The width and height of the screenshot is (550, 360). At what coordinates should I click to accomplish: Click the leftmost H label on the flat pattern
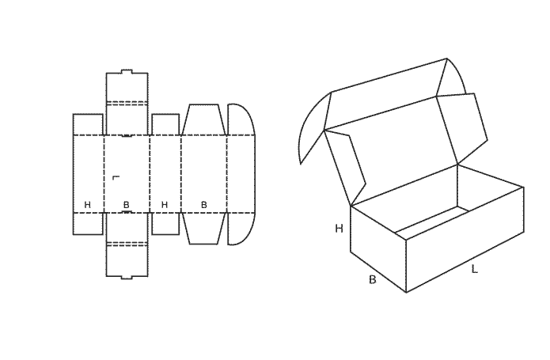pyautogui.click(x=88, y=205)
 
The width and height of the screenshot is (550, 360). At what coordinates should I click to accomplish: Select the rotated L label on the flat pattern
pyautogui.click(x=116, y=178)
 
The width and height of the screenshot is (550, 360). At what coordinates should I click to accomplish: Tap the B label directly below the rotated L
pyautogui.click(x=127, y=205)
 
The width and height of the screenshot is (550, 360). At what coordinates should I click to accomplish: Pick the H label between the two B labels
pyautogui.click(x=165, y=205)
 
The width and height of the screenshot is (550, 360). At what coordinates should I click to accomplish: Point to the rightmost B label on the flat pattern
pyautogui.click(x=204, y=205)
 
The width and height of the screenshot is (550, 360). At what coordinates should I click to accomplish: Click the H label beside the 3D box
pyautogui.click(x=339, y=229)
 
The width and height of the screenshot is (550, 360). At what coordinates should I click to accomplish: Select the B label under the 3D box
pyautogui.click(x=373, y=280)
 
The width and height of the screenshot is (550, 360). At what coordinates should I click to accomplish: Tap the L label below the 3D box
pyautogui.click(x=474, y=269)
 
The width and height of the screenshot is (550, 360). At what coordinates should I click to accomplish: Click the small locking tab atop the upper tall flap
pyautogui.click(x=127, y=71)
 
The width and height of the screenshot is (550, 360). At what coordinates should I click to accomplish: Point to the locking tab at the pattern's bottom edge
pyautogui.click(x=127, y=278)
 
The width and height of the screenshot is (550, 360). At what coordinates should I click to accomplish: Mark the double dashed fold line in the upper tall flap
pyautogui.click(x=127, y=103)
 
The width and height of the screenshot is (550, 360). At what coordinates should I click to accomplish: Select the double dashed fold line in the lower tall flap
pyautogui.click(x=127, y=244)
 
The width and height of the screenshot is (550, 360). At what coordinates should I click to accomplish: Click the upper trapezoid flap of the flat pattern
pyautogui.click(x=204, y=119)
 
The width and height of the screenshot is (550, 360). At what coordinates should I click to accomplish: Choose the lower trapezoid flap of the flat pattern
pyautogui.click(x=204, y=228)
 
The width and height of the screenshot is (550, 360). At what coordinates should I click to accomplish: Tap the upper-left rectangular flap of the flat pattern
pyautogui.click(x=88, y=124)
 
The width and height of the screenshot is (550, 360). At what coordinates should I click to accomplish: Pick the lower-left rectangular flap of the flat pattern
pyautogui.click(x=88, y=223)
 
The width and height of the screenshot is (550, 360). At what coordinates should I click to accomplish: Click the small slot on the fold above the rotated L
pyautogui.click(x=127, y=135)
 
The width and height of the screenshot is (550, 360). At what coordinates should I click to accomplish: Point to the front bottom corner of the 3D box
pyautogui.click(x=406, y=292)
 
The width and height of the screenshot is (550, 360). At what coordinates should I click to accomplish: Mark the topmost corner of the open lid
pyautogui.click(x=446, y=59)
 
